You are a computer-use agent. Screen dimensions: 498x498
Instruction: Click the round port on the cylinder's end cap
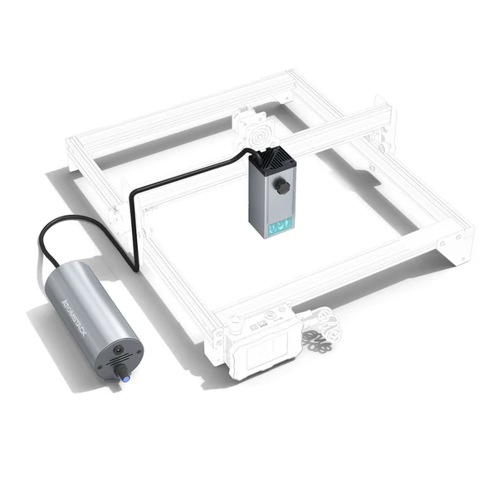(x=118, y=350)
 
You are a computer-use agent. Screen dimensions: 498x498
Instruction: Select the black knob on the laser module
(x=283, y=188)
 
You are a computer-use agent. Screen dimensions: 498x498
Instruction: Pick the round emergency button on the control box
(x=236, y=320)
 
